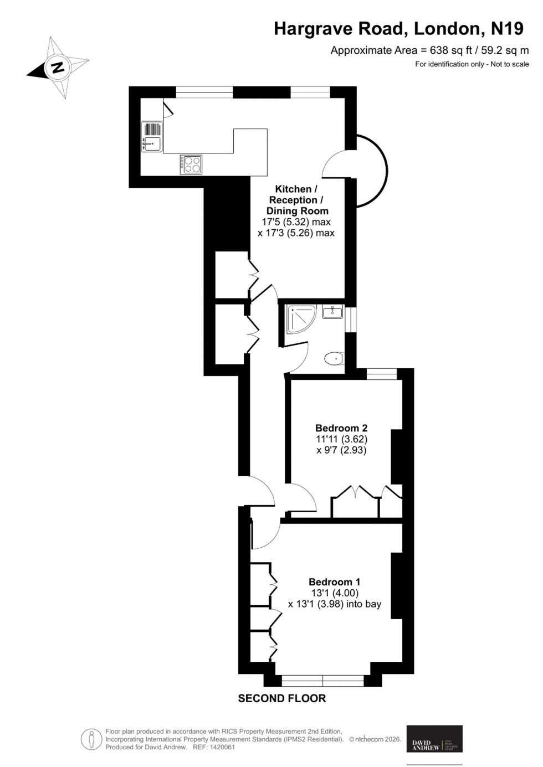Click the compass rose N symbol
57,68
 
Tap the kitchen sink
151,144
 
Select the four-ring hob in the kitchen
191,164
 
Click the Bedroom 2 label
341,428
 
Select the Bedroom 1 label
334,582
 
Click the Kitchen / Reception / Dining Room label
297,200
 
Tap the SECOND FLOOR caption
282,699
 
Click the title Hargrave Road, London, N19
398,29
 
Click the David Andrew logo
434,738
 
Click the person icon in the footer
90,739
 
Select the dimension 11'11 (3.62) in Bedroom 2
341,439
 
